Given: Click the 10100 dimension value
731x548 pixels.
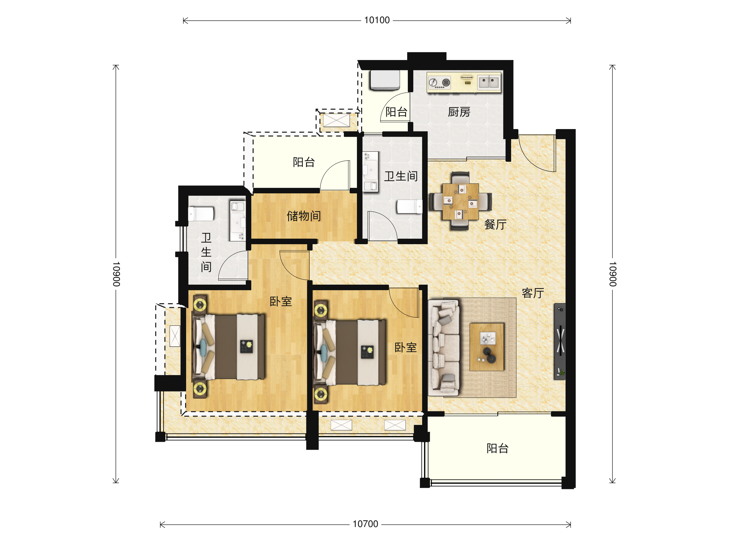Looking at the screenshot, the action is click(377, 20).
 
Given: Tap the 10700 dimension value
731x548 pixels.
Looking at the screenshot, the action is click(365, 524).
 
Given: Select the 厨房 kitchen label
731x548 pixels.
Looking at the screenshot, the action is click(459, 112).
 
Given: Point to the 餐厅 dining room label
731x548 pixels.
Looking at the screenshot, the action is click(495, 225).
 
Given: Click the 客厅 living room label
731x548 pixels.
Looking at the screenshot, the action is click(533, 293).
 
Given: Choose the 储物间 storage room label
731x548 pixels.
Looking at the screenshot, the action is click(304, 216).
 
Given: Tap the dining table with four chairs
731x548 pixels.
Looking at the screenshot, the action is click(460, 201).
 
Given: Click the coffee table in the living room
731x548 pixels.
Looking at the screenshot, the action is click(487, 347).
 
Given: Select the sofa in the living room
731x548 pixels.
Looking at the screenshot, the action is click(444, 348).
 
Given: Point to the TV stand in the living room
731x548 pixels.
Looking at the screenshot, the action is click(560, 341).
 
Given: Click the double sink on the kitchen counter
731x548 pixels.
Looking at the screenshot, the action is click(489, 82).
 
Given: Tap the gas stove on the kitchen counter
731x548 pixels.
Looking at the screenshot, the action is click(439, 82).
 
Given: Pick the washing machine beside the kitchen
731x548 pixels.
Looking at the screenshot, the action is click(385, 80).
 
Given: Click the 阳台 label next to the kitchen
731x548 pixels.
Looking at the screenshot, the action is click(396, 112).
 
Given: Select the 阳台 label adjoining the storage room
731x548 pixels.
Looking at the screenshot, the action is click(304, 162).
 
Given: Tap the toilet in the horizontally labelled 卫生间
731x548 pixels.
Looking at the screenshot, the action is click(410, 206).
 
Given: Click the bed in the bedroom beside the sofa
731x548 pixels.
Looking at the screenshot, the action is click(350, 352).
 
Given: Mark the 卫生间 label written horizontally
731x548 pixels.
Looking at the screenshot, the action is click(401, 176).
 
